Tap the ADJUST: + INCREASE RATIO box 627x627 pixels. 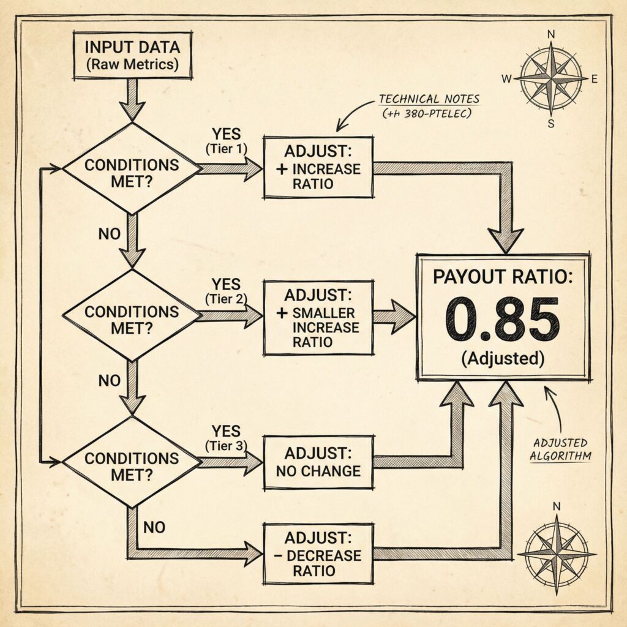coord(318,167)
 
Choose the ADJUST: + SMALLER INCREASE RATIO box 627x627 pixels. coord(318,318)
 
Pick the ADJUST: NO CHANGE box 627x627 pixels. coord(318,462)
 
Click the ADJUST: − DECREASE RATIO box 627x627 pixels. coord(318,554)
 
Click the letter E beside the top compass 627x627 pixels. coord(594,78)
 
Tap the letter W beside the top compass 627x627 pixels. coord(506,78)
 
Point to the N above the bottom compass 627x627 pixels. coord(556,506)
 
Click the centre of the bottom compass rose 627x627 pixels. coord(556,553)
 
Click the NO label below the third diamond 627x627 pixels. coord(154,527)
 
